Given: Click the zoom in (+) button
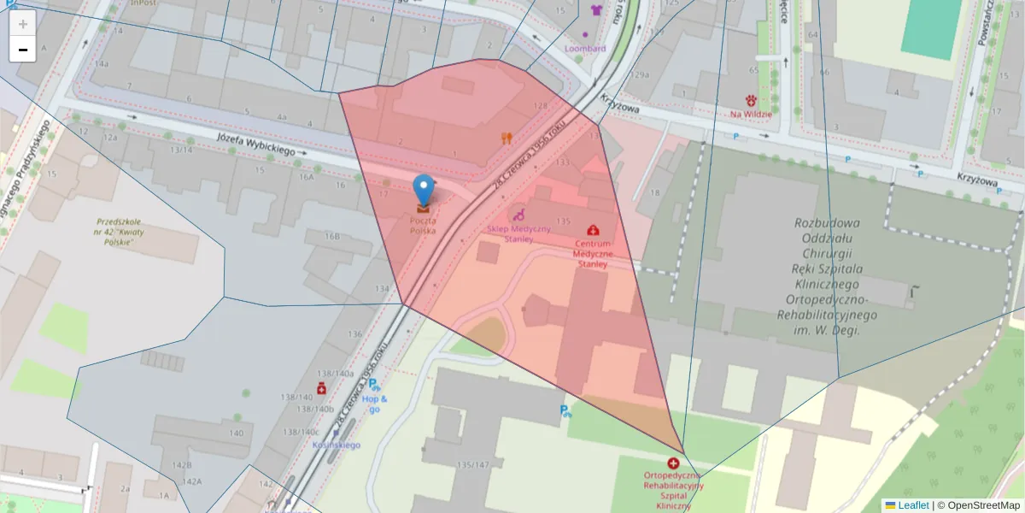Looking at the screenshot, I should tap(22, 24).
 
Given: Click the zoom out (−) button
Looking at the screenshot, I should tap(22, 50).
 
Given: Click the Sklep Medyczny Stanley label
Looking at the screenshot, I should tap(518, 233).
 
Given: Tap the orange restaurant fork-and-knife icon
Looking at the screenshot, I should tap(507, 137).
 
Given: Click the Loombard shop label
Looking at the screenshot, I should tap(585, 48).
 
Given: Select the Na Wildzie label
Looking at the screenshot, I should tap(751, 114).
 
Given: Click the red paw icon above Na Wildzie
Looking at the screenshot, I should tap(752, 100).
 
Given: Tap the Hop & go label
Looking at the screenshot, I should tap(374, 404).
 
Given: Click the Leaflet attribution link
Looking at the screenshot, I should tap(913, 505).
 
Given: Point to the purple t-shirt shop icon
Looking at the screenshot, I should tap(596, 10).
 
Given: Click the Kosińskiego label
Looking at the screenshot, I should tap(336, 445).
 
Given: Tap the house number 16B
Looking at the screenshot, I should tap(332, 236).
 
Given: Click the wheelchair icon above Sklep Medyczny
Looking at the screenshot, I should tap(517, 215).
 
